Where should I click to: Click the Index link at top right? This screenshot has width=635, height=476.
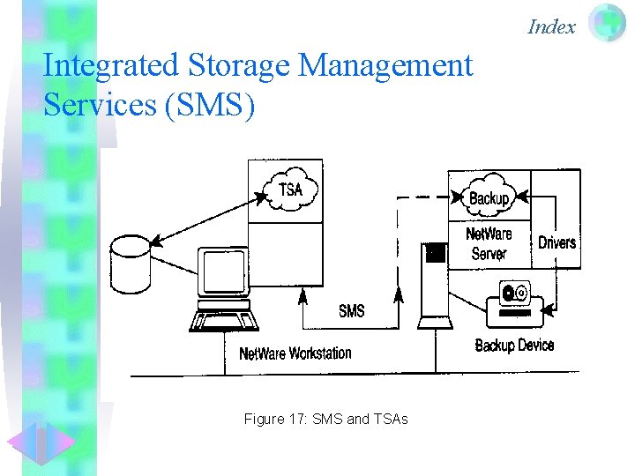click(x=551, y=27)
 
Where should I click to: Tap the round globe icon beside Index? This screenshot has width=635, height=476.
click(x=607, y=24)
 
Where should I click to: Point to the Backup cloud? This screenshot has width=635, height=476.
click(x=489, y=197)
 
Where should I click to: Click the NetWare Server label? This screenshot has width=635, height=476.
click(x=489, y=244)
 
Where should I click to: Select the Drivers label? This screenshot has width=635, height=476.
click(x=557, y=242)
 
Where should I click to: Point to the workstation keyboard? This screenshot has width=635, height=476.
click(x=224, y=319)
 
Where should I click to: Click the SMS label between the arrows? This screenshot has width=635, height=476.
click(x=351, y=310)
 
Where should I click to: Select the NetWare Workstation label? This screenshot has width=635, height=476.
click(x=295, y=353)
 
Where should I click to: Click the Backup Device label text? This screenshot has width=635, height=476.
click(x=514, y=345)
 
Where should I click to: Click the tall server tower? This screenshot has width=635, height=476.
click(x=435, y=282)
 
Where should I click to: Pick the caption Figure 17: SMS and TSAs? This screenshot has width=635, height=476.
click(x=325, y=420)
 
